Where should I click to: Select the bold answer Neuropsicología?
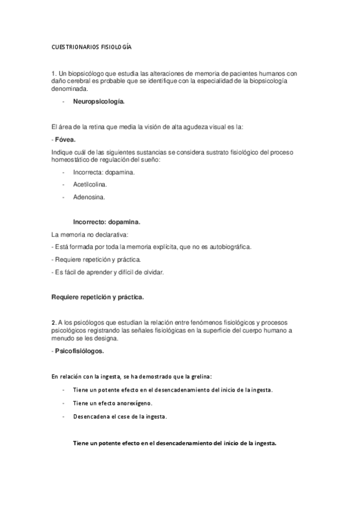(x=99, y=102)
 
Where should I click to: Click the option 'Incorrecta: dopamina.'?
(x=104, y=172)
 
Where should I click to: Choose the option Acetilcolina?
(x=90, y=184)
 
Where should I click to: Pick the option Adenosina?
(x=89, y=197)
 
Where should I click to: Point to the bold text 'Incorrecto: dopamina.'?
(x=107, y=221)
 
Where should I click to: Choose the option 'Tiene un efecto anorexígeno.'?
(x=112, y=403)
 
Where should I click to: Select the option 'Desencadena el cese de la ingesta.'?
(x=120, y=416)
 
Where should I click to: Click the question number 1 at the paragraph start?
(x=53, y=73)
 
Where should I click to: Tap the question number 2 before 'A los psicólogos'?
(x=53, y=322)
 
